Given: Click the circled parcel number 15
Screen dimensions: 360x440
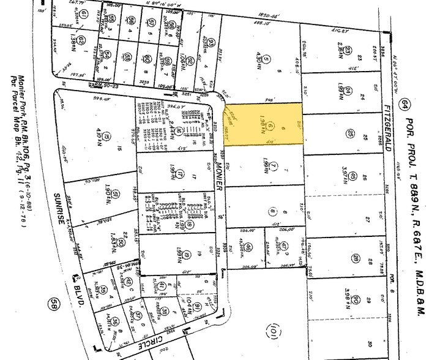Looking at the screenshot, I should [x=106, y=136].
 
